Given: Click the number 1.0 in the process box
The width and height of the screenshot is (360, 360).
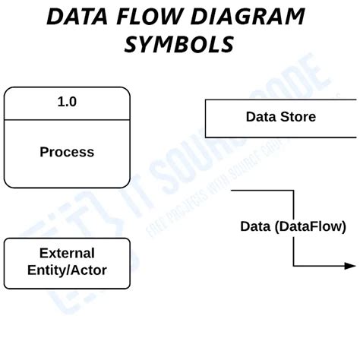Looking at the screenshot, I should pos(67,101).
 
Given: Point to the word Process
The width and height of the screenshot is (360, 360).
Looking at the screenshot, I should pos(67,152).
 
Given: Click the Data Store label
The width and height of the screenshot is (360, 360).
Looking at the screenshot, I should pos(280,117).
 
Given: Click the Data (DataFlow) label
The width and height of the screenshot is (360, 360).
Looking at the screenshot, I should pos(293,226).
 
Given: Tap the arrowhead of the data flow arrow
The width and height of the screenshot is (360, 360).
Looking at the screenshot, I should pos(350,266).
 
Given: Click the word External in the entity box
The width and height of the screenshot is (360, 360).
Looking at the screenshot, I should pos(67,253).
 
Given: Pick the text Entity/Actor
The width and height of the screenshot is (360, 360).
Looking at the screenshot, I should pos(67,270).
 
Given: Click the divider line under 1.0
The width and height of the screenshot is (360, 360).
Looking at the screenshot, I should pos(67,118).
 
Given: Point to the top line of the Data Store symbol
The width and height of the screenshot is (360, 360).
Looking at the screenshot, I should pos(281,99).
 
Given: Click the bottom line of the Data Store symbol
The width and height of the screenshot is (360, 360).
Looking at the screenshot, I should pos(281,137).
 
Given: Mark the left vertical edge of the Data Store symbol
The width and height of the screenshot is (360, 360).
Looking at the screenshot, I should pos(206,118).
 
